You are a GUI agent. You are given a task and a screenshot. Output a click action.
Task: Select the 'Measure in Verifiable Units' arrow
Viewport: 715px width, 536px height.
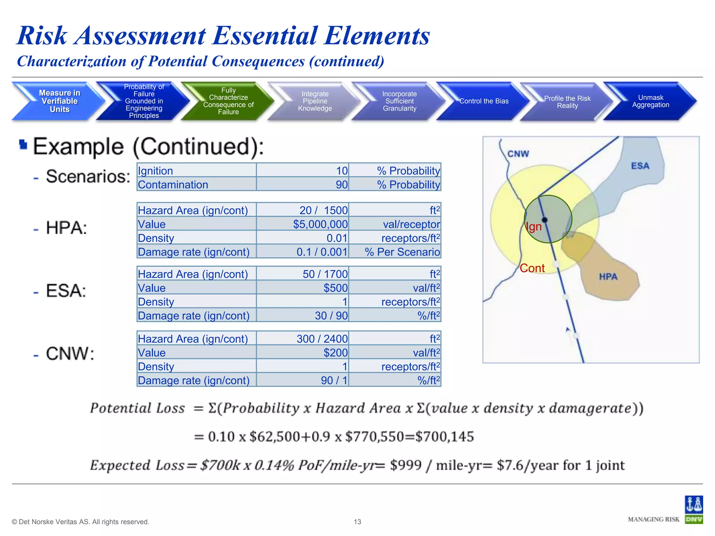point(59,101)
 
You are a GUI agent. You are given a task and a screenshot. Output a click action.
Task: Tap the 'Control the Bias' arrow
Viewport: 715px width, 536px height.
point(484,101)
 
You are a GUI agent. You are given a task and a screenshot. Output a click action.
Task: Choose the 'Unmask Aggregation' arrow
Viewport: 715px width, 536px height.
point(650,101)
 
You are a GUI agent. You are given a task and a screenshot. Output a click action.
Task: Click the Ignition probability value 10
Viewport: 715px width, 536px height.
point(341,171)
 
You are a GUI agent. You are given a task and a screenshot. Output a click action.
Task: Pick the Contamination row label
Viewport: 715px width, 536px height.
point(173,185)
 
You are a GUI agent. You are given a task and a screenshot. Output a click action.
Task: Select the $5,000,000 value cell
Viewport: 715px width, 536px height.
point(320,224)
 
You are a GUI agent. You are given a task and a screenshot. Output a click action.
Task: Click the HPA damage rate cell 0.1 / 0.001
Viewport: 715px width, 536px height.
point(322,252)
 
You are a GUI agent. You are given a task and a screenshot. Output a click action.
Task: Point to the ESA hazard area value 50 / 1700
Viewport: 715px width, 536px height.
point(325,274)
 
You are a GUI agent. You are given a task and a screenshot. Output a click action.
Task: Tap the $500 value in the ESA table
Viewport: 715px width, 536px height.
point(335,288)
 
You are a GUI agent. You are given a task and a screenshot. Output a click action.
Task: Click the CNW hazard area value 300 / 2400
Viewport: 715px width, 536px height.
point(322,339)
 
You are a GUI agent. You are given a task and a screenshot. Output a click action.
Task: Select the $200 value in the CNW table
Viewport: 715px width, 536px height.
point(335,353)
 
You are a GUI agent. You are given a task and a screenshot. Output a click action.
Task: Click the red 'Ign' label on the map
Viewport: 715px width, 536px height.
point(534,227)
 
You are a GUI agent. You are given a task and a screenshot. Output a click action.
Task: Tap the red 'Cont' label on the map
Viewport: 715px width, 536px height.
point(532,268)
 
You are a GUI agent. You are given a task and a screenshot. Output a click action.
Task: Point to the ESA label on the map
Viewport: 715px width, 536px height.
point(640,166)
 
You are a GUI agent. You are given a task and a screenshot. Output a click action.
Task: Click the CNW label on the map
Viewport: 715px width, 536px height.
point(518,154)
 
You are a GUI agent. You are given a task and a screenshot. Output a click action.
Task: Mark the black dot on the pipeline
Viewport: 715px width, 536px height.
point(545,220)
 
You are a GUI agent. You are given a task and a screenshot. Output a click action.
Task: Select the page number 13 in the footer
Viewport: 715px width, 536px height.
point(357,522)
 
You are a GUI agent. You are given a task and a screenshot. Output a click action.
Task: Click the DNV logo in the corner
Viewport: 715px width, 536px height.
point(693,510)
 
